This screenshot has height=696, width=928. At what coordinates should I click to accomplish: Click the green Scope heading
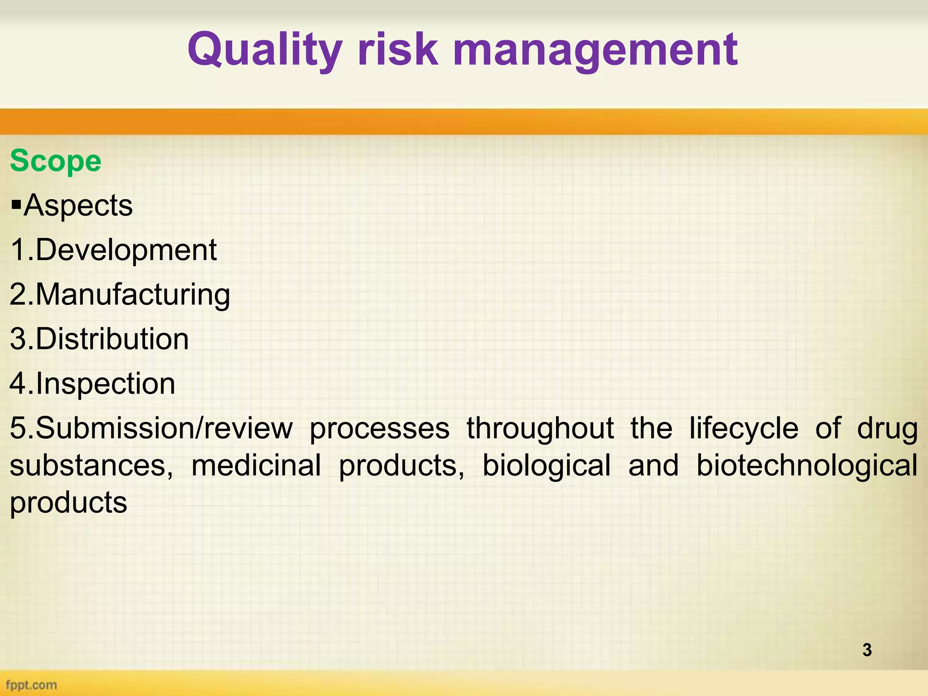[55, 161]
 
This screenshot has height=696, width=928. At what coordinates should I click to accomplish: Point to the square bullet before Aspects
[16, 206]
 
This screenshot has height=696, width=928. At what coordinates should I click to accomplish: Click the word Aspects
[78, 206]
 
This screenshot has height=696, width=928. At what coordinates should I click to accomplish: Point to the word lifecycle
[744, 428]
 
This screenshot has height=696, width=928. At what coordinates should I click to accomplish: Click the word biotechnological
[807, 465]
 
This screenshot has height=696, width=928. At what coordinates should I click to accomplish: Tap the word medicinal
[256, 465]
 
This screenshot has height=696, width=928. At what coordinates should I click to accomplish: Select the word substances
[91, 465]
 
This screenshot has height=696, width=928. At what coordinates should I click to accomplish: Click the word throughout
[540, 428]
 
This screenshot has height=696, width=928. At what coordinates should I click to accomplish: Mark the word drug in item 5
[887, 428]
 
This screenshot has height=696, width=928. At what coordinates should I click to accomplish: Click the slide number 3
[867, 650]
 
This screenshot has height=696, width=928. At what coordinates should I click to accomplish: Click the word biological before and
[546, 465]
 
